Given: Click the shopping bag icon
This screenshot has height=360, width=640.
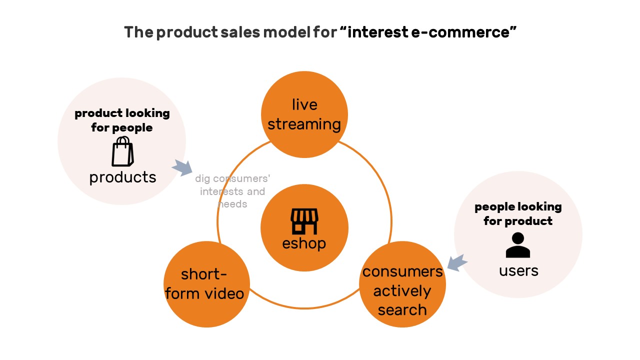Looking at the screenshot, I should (x=122, y=151).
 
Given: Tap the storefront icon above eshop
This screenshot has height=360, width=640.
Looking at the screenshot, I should (x=304, y=221).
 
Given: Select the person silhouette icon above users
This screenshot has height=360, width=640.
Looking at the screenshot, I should (x=517, y=245).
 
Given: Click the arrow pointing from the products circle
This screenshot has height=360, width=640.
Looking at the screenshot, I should (x=182, y=167).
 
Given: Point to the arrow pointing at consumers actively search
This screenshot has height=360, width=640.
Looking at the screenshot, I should (x=457, y=262).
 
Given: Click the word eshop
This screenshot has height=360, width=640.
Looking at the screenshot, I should (x=304, y=243).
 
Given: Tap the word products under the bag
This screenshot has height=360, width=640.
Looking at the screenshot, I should (x=122, y=177).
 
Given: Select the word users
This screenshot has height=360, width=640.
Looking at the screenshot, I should (x=518, y=270).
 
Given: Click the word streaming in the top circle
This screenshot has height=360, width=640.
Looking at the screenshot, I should (x=304, y=124).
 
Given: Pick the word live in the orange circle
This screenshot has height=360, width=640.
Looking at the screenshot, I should (x=304, y=104).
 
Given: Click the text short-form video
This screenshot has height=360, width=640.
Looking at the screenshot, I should (x=204, y=283).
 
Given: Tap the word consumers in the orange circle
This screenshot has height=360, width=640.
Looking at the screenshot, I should (x=402, y=271).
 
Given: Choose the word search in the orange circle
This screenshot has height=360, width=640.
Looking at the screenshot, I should (x=402, y=310).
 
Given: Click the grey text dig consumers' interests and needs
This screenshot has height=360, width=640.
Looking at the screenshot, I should (x=232, y=191).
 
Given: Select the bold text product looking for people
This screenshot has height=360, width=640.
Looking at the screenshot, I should (x=122, y=120).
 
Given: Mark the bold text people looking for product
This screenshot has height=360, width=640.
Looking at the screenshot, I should (x=518, y=213).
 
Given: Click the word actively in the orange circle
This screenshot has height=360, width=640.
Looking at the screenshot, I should (x=402, y=291).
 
